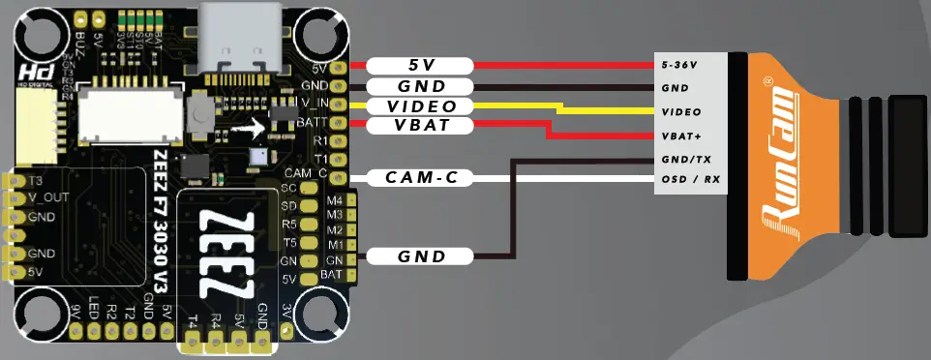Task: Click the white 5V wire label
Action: tap(420, 65)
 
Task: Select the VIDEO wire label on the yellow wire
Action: tap(420, 105)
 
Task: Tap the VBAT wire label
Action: tap(420, 126)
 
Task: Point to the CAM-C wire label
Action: tap(420, 177)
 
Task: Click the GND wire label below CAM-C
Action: tap(420, 256)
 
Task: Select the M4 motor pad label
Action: tap(334, 200)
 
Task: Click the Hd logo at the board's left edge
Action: tap(26, 77)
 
